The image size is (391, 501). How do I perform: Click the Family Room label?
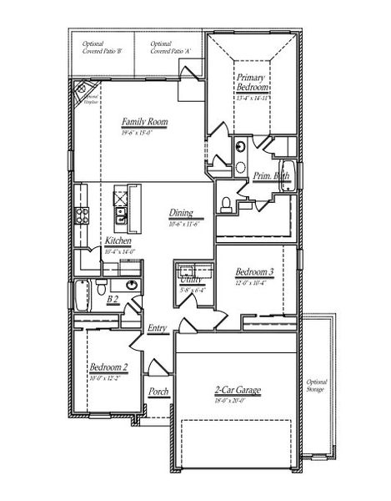pos(144,121)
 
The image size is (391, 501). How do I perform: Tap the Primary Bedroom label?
pos(252,83)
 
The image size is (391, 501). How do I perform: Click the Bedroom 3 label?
pos(254,272)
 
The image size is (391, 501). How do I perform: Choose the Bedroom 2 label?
pos(108,367)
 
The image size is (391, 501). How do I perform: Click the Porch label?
pos(158,391)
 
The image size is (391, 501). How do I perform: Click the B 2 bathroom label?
pos(113,298)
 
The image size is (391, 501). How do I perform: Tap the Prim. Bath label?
pos(271,175)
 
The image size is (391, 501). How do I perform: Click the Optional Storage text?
pos(317,386)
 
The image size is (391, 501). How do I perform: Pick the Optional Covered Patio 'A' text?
pos(169,48)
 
